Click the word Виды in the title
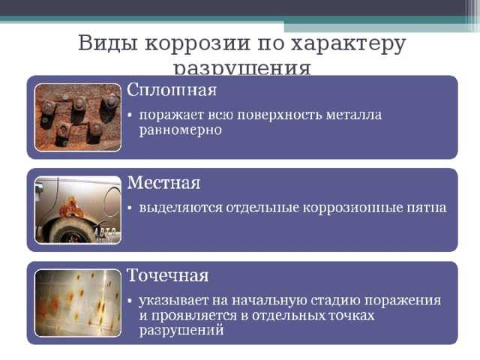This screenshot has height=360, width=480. (x=107, y=43)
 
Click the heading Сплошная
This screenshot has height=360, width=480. (x=172, y=90)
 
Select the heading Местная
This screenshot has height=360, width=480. (x=163, y=183)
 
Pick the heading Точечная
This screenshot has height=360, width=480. (x=167, y=275)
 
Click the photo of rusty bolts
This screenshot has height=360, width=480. (x=78, y=118)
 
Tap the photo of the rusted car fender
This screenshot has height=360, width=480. (x=78, y=210)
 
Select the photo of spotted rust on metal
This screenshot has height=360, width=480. (x=78, y=303)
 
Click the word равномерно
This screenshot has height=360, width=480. (x=181, y=130)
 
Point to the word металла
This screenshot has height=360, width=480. (x=353, y=115)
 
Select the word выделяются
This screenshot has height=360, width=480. (x=181, y=208)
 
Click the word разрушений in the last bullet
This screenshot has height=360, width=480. (x=181, y=331)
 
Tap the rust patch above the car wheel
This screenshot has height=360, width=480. (x=71, y=207)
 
